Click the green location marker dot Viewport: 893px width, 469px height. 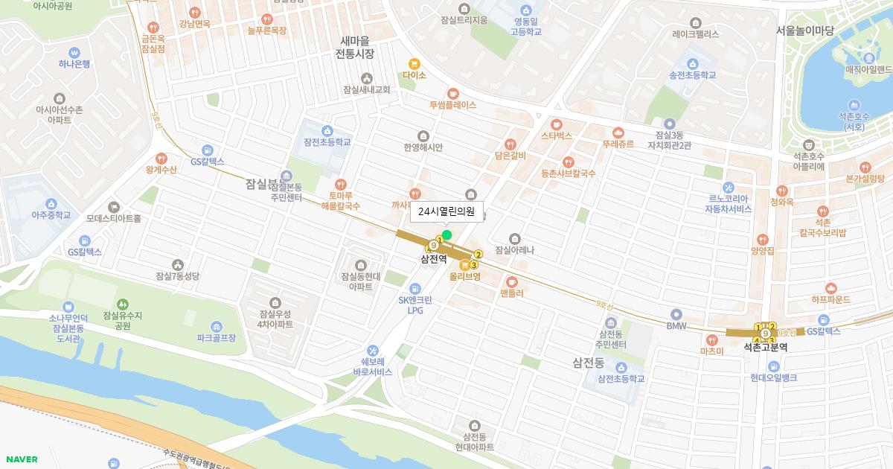click(446, 235)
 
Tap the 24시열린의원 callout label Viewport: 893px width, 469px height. click(446, 211)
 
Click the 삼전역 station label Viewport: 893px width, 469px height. click(433, 260)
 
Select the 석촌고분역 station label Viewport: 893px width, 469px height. click(765, 347)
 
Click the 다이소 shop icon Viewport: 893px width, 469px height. click(414, 63)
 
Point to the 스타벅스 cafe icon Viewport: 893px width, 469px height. click(556, 124)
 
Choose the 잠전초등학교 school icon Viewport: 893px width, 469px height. click(327, 130)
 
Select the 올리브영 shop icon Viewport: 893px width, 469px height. click(465, 264)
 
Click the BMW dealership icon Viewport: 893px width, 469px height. click(676, 314)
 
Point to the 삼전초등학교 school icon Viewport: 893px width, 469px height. click(621, 367)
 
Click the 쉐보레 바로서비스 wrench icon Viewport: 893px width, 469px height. click(373, 350)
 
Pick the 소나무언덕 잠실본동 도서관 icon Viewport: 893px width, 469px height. click(68, 306)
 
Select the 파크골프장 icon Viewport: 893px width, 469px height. click(216, 326)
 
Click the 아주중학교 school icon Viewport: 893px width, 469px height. click(51, 203)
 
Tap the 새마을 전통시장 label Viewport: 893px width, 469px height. click(354, 47)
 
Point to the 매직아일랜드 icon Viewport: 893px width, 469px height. click(868, 57)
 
